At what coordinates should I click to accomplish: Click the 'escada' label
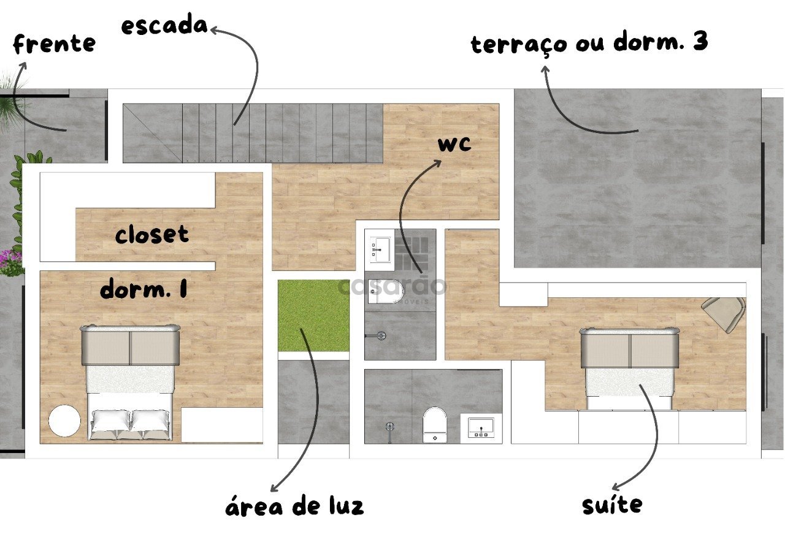pyautogui.click(x=164, y=26)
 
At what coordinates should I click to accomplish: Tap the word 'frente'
pyautogui.click(x=55, y=44)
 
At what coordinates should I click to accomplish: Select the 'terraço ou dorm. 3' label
pyautogui.click(x=589, y=42)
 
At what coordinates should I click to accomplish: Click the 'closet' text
pyautogui.click(x=151, y=234)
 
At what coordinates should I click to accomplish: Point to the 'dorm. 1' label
pyautogui.click(x=144, y=289)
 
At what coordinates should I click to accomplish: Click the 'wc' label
pyautogui.click(x=454, y=144)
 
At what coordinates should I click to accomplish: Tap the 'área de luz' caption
pyautogui.click(x=294, y=506)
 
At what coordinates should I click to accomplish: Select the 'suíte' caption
pyautogui.click(x=612, y=505)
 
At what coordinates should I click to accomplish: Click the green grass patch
pyautogui.click(x=313, y=315)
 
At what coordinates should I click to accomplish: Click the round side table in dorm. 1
pyautogui.click(x=64, y=421)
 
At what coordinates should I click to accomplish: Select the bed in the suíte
pyautogui.click(x=629, y=368)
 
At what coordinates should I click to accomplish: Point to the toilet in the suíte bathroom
pyautogui.click(x=435, y=425)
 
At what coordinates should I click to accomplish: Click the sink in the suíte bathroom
pyautogui.click(x=481, y=427)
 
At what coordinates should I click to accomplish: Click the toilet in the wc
pyautogui.click(x=386, y=291)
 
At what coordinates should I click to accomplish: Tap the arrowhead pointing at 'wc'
pyautogui.click(x=437, y=163)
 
